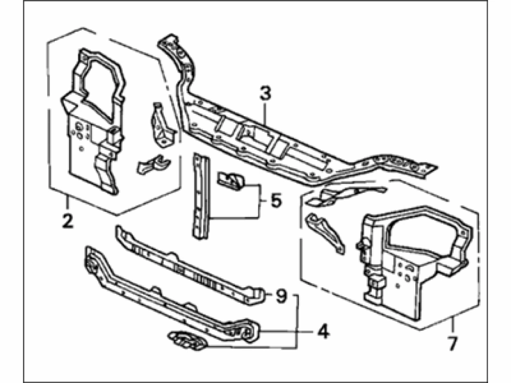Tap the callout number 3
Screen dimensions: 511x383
pos(265,93)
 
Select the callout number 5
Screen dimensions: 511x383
pos(275,200)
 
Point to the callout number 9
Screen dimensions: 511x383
pos(281,296)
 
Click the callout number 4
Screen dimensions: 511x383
pos(323,332)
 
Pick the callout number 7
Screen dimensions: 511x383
pos(453,344)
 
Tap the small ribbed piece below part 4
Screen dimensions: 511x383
pos(187,340)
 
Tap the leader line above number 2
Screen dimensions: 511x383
pos(67,204)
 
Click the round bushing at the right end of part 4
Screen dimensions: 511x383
pos(248,333)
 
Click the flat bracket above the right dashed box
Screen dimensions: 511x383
pos(345,195)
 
